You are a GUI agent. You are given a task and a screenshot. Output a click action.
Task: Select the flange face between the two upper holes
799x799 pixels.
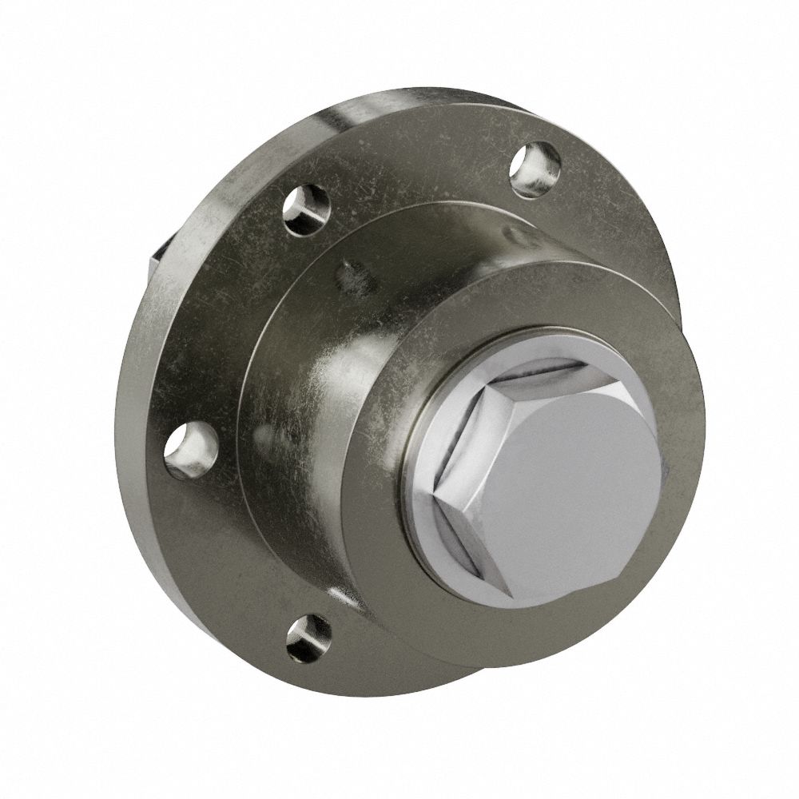[x=415, y=160]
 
